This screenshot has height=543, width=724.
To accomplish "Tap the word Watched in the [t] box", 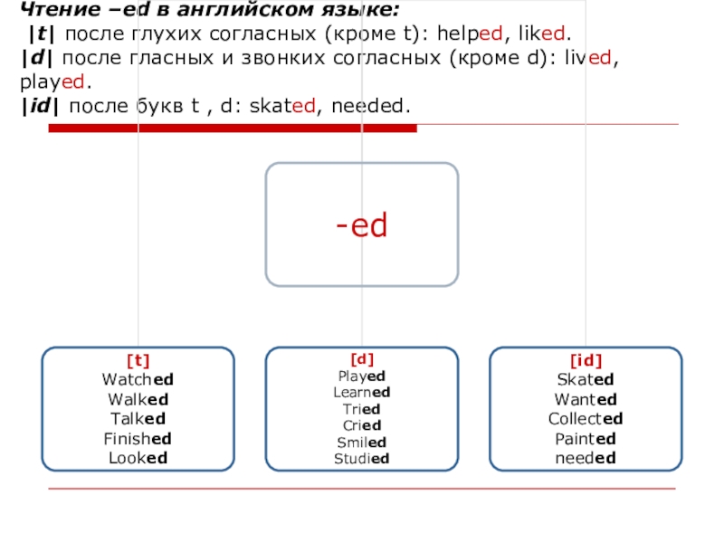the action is pyautogui.click(x=138, y=380).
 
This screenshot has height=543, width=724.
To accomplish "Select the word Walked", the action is pyautogui.click(x=138, y=399).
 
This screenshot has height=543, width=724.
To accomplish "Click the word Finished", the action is pyautogui.click(x=138, y=438).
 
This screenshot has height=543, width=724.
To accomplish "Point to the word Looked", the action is pyautogui.click(x=138, y=457).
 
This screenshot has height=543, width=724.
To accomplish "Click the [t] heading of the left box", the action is pyautogui.click(x=138, y=361).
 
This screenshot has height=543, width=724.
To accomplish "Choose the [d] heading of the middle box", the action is pyautogui.click(x=361, y=358).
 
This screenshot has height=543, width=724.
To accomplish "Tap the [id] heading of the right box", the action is pyautogui.click(x=586, y=361).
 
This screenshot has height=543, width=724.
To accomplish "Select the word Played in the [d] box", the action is pyautogui.click(x=361, y=376).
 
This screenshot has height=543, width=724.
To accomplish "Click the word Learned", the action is pyautogui.click(x=361, y=392).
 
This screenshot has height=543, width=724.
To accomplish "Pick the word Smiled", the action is pyautogui.click(x=361, y=442).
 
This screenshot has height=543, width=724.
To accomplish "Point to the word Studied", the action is pyautogui.click(x=361, y=458).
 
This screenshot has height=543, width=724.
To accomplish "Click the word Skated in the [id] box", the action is pyautogui.click(x=586, y=380).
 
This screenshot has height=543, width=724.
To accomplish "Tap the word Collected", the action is pyautogui.click(x=586, y=418).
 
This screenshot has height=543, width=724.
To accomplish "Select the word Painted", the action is pyautogui.click(x=586, y=438).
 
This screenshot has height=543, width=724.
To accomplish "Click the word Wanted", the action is pyautogui.click(x=586, y=399).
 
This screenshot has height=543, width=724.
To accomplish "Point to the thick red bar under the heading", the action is pyautogui.click(x=232, y=129).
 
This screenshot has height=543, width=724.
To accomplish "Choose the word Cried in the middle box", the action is pyautogui.click(x=361, y=425).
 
